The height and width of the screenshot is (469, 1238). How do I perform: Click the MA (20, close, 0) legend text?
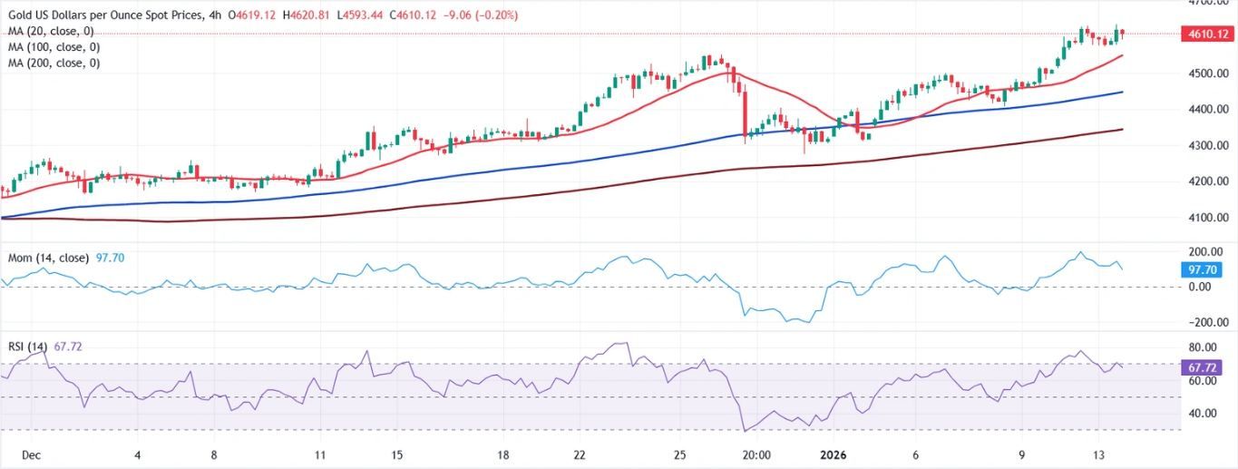pos(50,31)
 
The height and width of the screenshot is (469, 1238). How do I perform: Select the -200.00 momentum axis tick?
pos(1207,323)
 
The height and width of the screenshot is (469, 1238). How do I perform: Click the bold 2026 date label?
pos(832,455)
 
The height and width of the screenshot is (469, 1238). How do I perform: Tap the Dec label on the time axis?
pos(30,455)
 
